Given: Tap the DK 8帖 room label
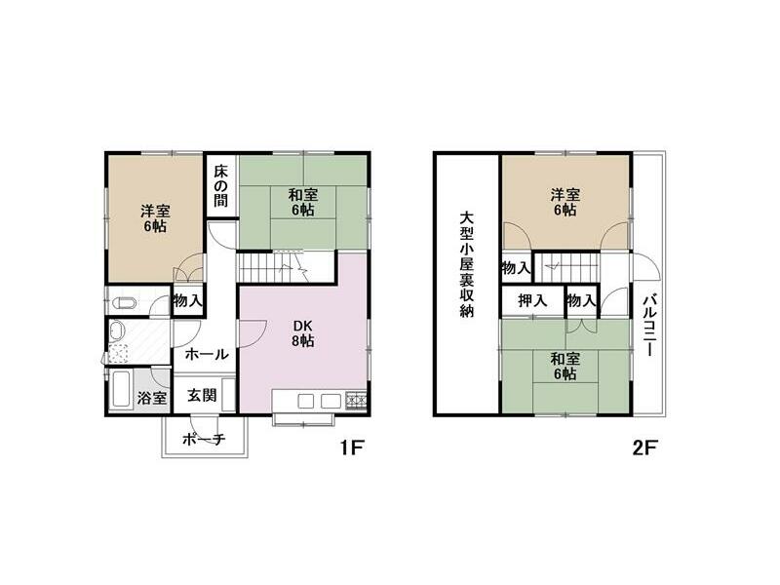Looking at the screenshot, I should coord(301,333).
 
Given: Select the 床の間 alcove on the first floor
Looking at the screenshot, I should coord(220,188).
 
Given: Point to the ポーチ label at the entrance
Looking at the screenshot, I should coord(205,440).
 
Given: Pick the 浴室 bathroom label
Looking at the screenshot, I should coord(151,398).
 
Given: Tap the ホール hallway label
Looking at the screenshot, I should coord(206,354).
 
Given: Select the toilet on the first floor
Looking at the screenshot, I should coord(122,302).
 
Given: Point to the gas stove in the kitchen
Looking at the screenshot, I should coord(355,400).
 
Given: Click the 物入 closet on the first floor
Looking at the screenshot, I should coord(187,300).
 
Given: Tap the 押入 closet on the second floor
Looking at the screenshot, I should coord(532,300).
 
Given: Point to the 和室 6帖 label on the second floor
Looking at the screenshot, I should coord(564,366).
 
